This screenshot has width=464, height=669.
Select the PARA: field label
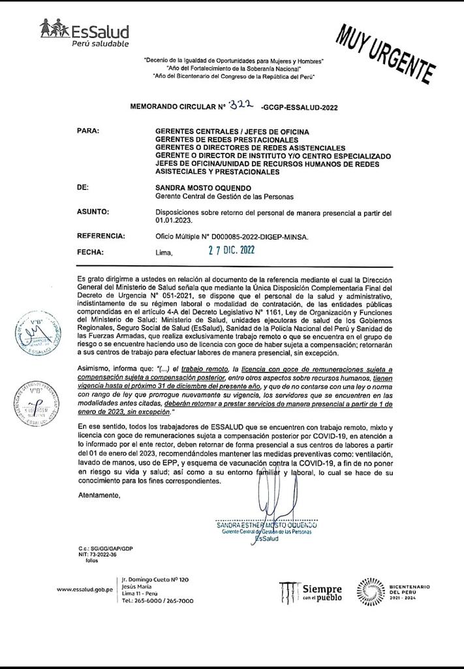pyautogui.click(x=88, y=131)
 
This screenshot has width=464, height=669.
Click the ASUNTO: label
pyautogui.click(x=93, y=212)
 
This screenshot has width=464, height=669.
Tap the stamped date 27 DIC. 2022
pyautogui.click(x=227, y=250)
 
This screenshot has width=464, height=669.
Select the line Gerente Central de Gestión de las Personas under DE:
pyautogui.click(x=224, y=196)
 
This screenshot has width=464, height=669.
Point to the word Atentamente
pyautogui.click(x=99, y=495)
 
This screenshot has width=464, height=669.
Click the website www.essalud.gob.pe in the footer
pyautogui.click(x=85, y=590)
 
